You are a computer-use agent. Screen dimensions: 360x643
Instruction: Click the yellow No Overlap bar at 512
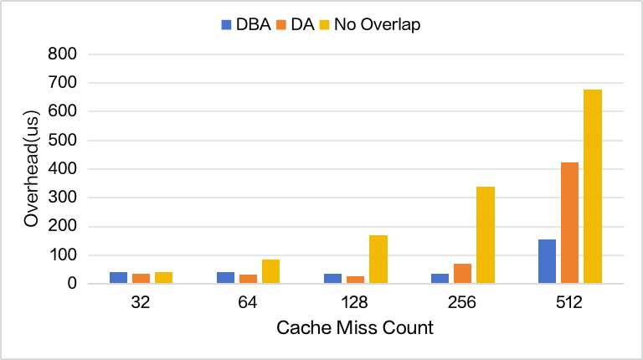593,187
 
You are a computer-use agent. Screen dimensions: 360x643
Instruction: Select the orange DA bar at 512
570,223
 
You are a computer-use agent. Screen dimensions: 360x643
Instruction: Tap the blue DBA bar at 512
547,261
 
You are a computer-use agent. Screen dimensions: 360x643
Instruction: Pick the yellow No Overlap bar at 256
486,235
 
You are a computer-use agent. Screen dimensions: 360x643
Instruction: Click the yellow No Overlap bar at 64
270,271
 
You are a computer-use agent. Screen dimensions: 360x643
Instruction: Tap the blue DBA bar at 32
118,278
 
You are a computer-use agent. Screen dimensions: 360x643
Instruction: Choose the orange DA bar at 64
248,279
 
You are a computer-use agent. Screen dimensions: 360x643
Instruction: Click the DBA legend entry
245,24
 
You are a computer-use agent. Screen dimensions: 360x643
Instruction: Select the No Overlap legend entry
368,24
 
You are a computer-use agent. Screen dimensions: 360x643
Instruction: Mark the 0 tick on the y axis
70,284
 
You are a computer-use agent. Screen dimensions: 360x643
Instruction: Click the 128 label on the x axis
355,303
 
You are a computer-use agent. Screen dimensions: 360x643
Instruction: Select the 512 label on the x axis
569,303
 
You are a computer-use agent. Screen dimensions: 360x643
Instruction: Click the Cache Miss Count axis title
355,328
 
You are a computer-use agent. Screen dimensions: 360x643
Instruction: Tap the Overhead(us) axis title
32,169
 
